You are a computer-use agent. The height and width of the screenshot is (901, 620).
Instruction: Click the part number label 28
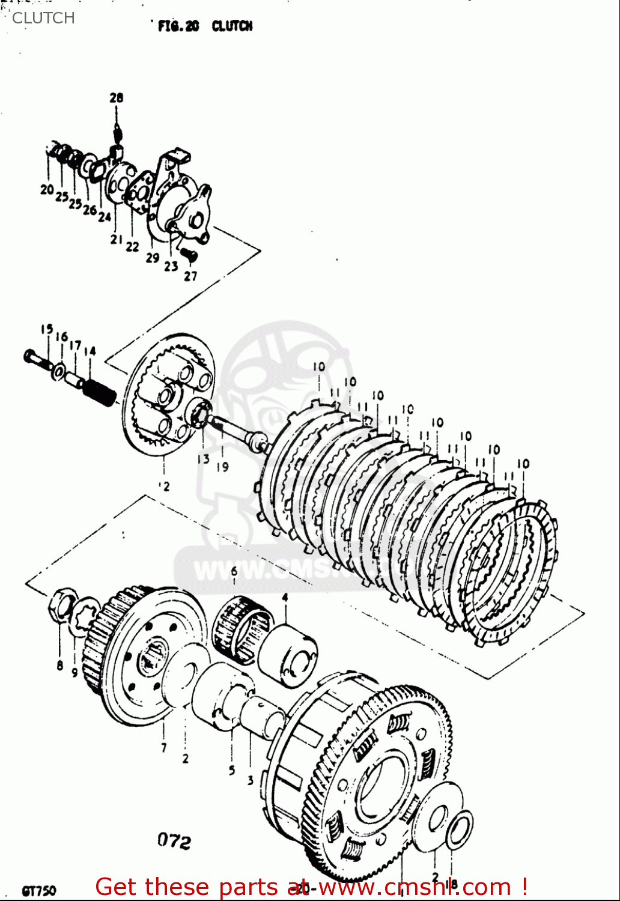pos(116,97)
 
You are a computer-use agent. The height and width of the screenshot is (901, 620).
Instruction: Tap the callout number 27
pos(190,276)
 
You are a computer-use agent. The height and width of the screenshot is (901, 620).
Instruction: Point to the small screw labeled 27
pos(189,255)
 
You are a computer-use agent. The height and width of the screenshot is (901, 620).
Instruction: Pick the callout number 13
pos(204,459)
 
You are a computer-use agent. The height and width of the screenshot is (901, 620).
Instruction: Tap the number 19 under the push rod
pos(222,466)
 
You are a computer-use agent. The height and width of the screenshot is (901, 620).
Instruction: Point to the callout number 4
pos(285,597)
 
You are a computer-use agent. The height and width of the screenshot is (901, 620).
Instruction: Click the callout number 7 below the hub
pos(163,747)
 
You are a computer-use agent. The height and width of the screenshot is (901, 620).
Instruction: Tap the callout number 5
pos(232,770)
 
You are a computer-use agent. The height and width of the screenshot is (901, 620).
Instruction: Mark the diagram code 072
pos(174,841)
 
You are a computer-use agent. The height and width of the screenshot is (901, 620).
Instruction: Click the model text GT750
pos(38,890)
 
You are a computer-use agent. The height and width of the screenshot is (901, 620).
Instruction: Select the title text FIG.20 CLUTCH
pos(205,26)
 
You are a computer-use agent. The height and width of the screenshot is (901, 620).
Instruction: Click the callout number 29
pos(153,257)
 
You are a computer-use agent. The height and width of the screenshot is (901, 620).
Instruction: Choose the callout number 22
pos(133,246)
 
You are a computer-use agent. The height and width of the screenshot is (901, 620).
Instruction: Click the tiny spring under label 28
pos(118,129)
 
